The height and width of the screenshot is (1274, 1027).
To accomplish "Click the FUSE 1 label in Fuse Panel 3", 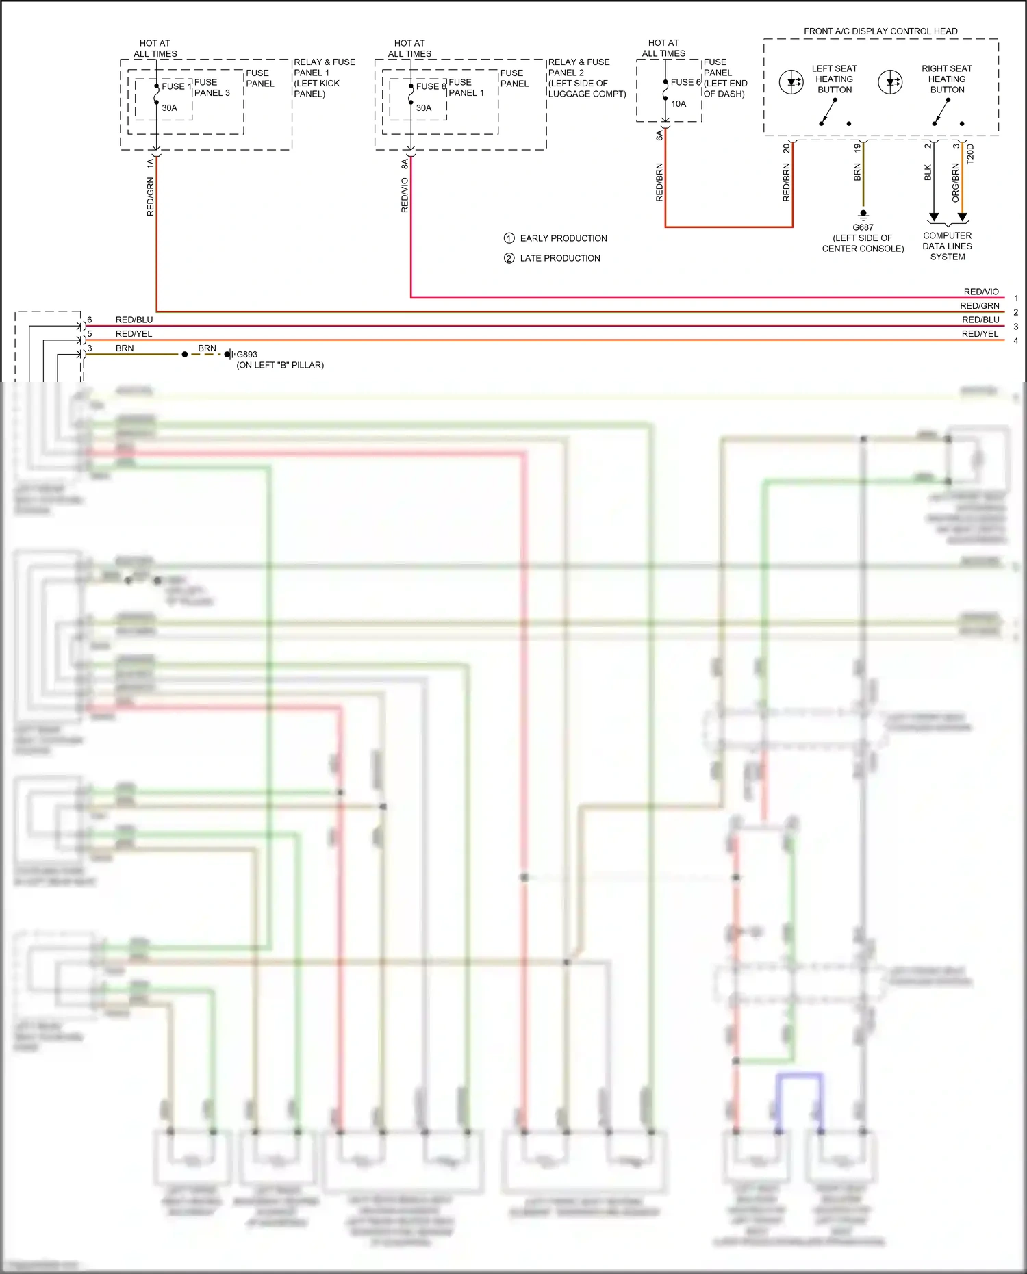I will (x=177, y=86).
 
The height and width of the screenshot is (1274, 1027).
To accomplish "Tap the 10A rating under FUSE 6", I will (x=679, y=104).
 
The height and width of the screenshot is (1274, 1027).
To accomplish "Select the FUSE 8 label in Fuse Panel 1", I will (x=431, y=86).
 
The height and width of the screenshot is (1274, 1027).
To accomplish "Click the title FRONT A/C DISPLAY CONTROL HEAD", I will (x=880, y=31).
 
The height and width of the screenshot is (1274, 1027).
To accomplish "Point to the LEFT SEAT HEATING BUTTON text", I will (x=834, y=79).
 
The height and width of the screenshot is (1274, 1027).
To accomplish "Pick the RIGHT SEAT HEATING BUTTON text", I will (x=947, y=79).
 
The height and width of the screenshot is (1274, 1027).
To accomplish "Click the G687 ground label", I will (x=863, y=227).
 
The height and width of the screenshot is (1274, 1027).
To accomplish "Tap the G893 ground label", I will (x=246, y=355).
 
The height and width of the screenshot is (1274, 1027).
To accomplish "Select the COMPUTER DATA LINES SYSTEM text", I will (x=947, y=246).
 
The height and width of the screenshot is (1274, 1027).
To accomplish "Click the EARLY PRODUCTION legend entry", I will (x=563, y=238).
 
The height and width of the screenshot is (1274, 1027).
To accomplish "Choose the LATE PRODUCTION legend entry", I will (x=559, y=258).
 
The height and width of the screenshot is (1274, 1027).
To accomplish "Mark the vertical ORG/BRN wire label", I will (x=956, y=182).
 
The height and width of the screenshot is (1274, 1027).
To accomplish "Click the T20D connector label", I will (x=970, y=154).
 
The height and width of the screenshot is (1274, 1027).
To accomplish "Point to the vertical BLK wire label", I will (x=928, y=173).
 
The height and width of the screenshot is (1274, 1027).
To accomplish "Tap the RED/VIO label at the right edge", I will (x=981, y=292).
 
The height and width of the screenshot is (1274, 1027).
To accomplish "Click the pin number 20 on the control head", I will (x=787, y=147).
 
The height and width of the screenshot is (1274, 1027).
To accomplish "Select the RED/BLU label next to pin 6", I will (x=134, y=320).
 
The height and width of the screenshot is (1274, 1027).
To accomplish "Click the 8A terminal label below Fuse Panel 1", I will (x=405, y=164).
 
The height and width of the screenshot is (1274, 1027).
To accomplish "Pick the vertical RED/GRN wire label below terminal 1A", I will (x=151, y=197).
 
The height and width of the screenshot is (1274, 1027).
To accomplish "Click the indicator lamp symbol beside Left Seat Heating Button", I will (x=791, y=83).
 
